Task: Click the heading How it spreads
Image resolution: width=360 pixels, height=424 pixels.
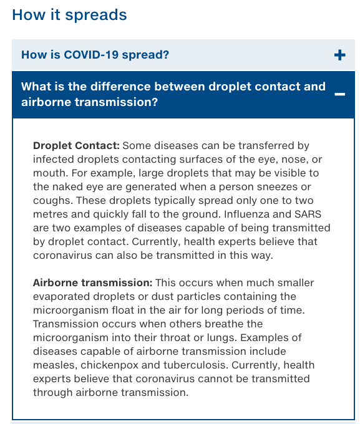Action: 69,14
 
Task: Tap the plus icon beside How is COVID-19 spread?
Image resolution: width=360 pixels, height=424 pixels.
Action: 339,55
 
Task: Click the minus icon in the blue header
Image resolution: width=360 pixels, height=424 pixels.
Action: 339,94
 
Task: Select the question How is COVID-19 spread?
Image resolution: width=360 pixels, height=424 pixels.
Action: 95,55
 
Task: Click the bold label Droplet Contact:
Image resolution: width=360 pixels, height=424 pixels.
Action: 76,146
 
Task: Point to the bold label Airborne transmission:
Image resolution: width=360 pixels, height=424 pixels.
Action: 92,283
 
